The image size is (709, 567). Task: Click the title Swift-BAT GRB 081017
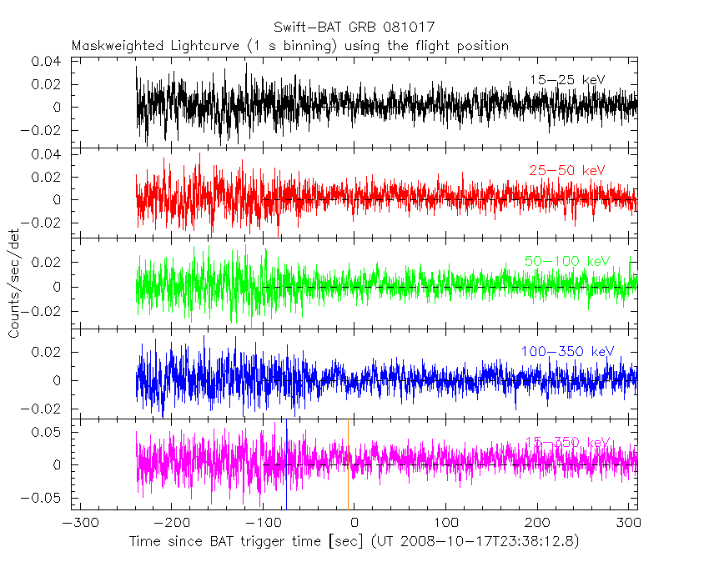point(354,28)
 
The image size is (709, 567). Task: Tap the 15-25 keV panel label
point(566,80)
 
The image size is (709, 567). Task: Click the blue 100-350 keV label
point(566,352)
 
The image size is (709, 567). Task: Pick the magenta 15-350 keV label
point(568,442)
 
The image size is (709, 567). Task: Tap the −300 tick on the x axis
point(76,524)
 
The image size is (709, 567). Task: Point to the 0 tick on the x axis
point(354,524)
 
